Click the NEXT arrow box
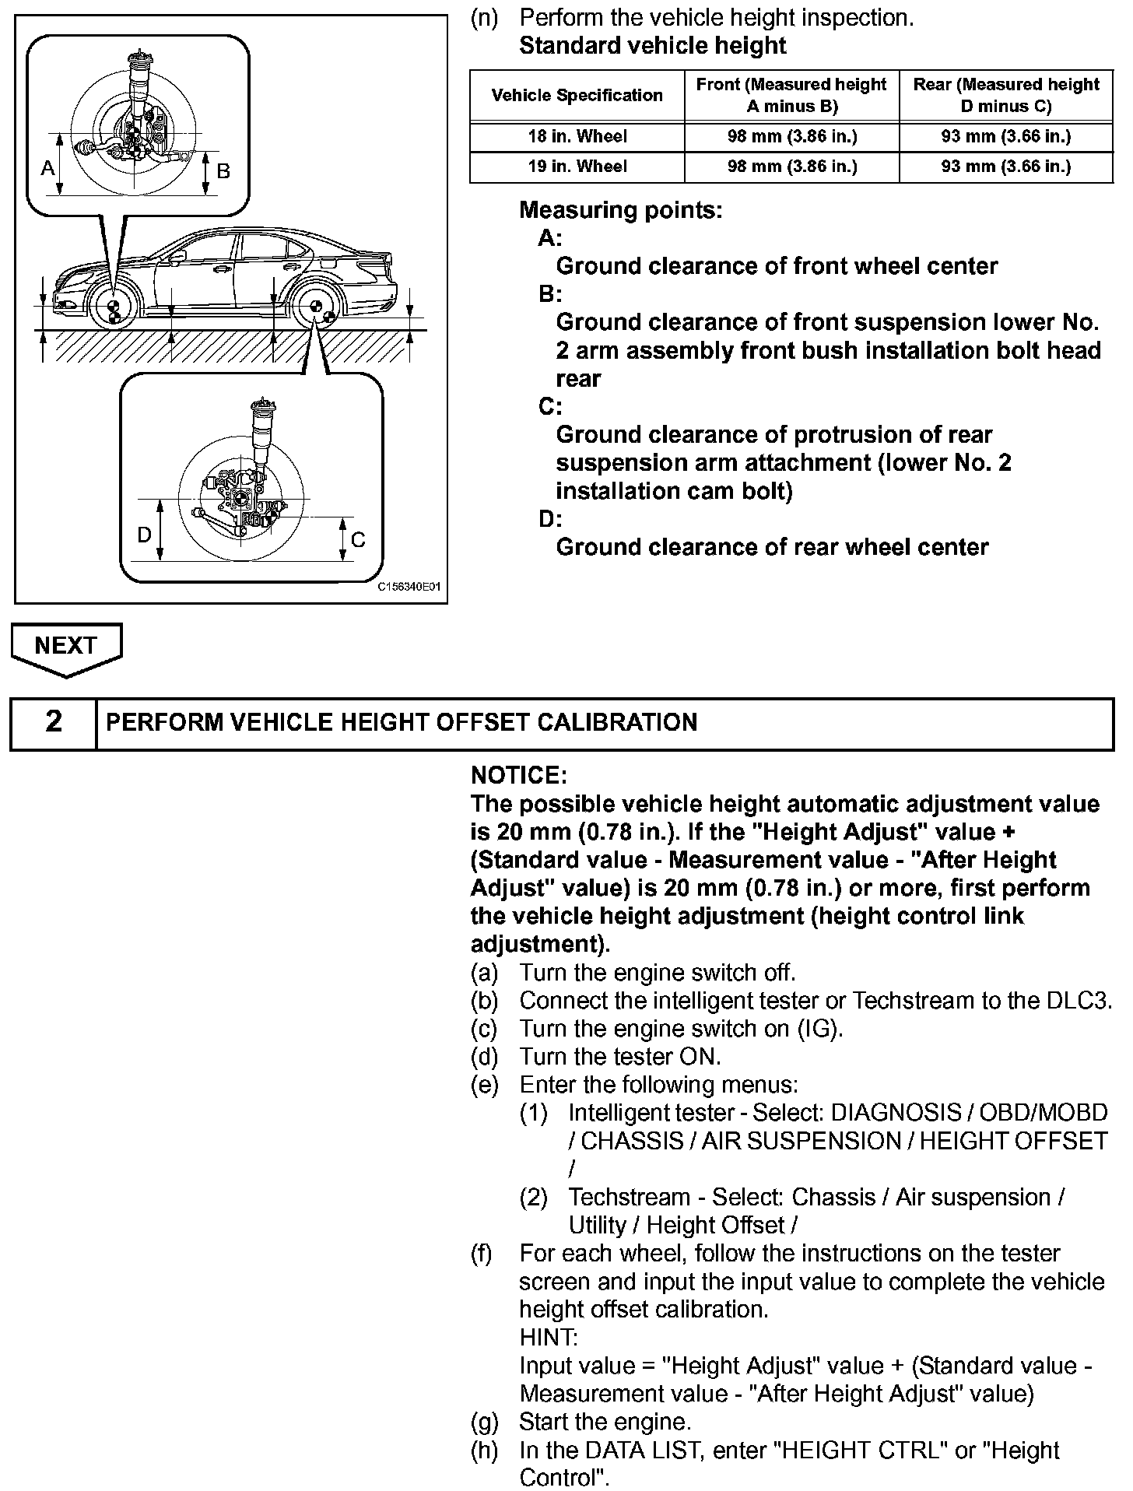[x=65, y=646]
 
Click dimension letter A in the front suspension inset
[x=48, y=167]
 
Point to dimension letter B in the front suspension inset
[x=223, y=170]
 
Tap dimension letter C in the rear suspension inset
[x=358, y=540]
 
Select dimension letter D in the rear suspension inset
[x=144, y=535]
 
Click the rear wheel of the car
[x=316, y=309]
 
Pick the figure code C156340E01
[x=409, y=588]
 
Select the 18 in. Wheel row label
[x=577, y=137]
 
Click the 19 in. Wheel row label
[x=577, y=167]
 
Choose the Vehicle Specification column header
[x=577, y=96]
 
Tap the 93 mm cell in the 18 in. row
[x=1005, y=137]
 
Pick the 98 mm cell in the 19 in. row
[x=791, y=167]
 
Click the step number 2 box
[x=53, y=722]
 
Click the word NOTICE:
[x=519, y=776]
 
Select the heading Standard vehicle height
[x=652, y=46]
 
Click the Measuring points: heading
[x=620, y=210]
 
